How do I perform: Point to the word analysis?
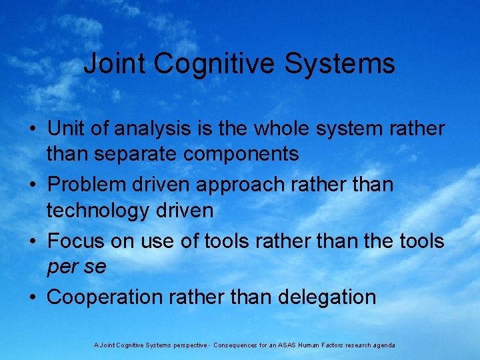pyautogui.click(x=159, y=129)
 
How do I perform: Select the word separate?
pyautogui.click(x=137, y=155)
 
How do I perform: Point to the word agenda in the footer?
pyautogui.click(x=383, y=345)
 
